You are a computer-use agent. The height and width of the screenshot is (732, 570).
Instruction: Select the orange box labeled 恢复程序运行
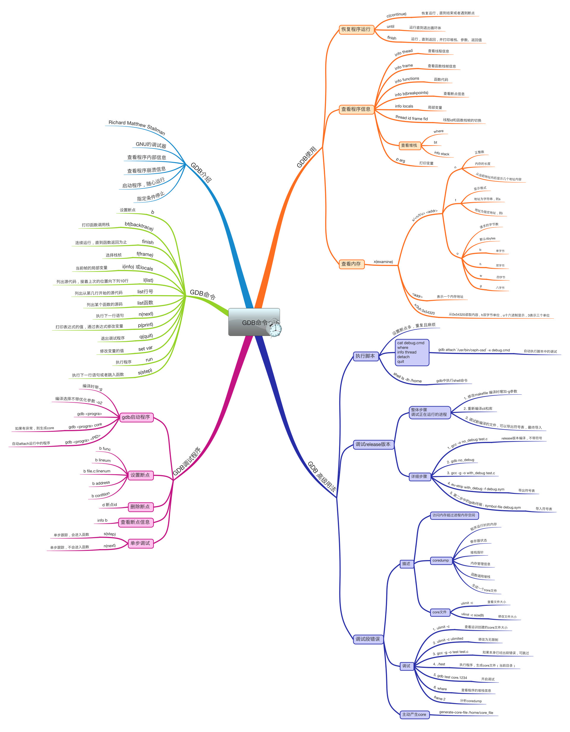click(x=356, y=29)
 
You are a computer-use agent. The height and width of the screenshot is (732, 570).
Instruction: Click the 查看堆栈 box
click(x=409, y=146)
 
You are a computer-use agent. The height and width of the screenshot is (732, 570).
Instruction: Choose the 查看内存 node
click(x=351, y=264)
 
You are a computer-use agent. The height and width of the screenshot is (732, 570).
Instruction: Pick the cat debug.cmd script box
click(x=411, y=352)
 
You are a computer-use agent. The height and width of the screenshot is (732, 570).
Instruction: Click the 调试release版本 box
click(x=373, y=445)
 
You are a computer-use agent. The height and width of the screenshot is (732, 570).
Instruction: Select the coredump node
click(x=441, y=560)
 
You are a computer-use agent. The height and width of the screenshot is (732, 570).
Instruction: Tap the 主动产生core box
click(x=414, y=714)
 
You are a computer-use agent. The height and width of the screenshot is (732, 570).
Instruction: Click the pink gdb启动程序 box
click(x=136, y=417)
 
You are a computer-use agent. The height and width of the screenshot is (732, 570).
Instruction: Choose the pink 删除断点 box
click(x=140, y=507)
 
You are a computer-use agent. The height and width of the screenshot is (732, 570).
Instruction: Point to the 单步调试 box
click(x=140, y=543)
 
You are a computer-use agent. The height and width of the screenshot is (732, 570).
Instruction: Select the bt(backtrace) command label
click(x=139, y=227)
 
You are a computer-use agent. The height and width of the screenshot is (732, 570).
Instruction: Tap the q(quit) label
click(x=146, y=336)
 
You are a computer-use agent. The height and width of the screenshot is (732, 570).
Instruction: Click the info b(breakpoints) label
click(x=411, y=94)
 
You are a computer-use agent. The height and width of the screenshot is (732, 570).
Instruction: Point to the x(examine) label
click(x=383, y=262)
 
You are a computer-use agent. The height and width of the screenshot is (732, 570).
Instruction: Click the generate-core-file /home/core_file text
click(x=466, y=713)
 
